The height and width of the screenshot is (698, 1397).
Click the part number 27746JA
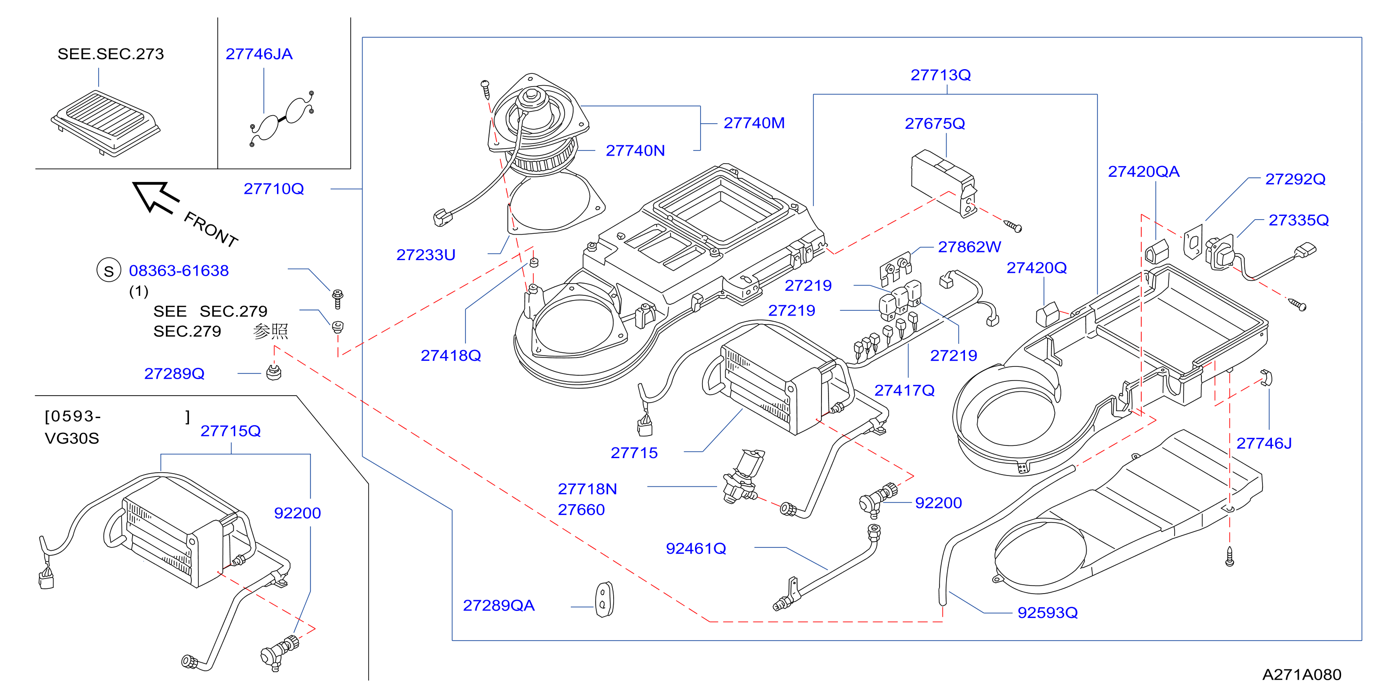click(259, 54)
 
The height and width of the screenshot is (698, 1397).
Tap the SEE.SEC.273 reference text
click(110, 54)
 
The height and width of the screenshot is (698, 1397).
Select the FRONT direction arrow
click(156, 197)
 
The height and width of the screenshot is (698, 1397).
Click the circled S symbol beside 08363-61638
click(109, 270)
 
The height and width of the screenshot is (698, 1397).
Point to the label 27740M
click(754, 123)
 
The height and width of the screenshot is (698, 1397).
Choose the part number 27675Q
click(934, 124)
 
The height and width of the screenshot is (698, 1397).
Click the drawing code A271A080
click(1302, 674)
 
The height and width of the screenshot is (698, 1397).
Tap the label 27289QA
click(498, 605)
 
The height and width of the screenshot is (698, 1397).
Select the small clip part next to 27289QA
click(604, 599)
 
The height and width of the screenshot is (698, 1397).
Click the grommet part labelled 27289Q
click(274, 373)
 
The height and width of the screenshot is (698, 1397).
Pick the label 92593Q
click(1047, 612)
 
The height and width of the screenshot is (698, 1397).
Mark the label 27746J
click(1263, 443)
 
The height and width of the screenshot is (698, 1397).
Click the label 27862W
click(969, 247)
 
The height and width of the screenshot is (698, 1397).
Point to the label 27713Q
click(940, 75)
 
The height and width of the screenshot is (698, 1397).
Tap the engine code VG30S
click(71, 438)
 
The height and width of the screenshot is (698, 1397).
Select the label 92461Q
click(696, 548)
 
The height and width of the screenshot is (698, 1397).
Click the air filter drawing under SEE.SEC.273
click(106, 123)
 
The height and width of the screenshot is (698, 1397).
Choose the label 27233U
click(426, 254)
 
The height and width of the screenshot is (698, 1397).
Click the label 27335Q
click(1298, 220)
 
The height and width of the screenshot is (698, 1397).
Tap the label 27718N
click(587, 489)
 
